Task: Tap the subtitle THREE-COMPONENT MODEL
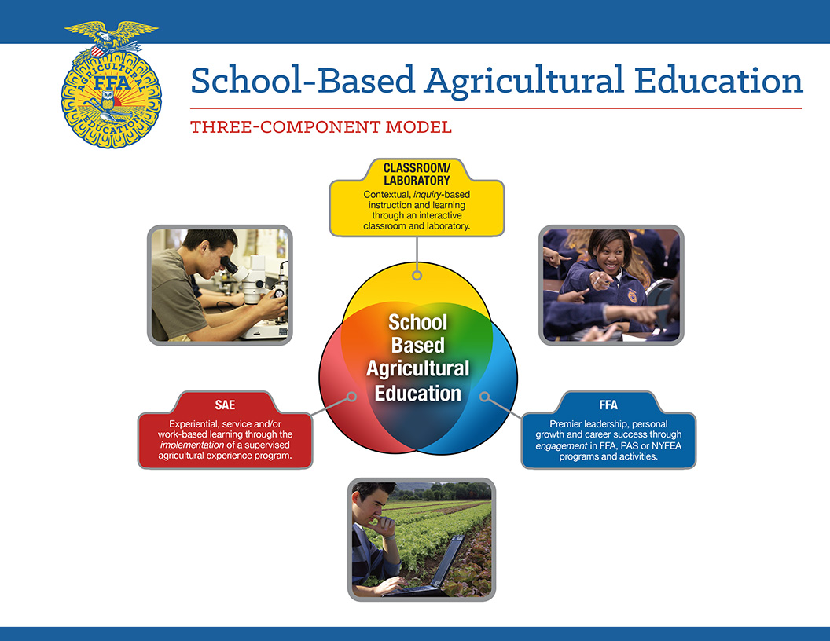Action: pyautogui.click(x=321, y=126)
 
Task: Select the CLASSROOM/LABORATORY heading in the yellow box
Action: pyautogui.click(x=417, y=174)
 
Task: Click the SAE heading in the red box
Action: pyautogui.click(x=225, y=405)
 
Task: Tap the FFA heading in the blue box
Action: pyautogui.click(x=608, y=405)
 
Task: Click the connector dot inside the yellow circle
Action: pyautogui.click(x=417, y=275)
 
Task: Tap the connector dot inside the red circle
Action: pyautogui.click(x=351, y=397)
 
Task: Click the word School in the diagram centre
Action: pyautogui.click(x=417, y=322)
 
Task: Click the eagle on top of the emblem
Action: pyautogui.click(x=111, y=35)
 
